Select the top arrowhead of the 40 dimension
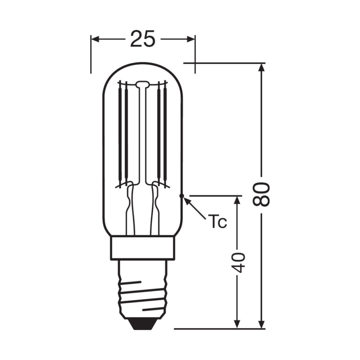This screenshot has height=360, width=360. (238, 200)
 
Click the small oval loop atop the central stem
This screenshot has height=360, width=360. (142, 84)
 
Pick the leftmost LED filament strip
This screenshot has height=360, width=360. (120, 134)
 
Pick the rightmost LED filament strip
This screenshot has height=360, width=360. (165, 134)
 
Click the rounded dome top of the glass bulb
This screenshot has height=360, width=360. (143, 67)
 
